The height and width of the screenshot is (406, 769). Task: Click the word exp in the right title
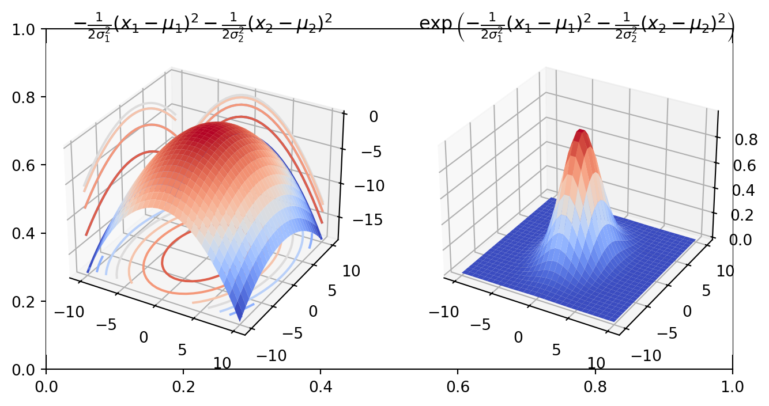click(x=439, y=22)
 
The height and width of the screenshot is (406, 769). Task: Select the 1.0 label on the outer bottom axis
click(x=732, y=384)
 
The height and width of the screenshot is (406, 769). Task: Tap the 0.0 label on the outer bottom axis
click(x=46, y=384)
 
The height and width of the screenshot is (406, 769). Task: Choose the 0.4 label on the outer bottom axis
click(x=321, y=384)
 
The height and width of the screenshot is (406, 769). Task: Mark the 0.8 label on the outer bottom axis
click(x=595, y=384)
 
